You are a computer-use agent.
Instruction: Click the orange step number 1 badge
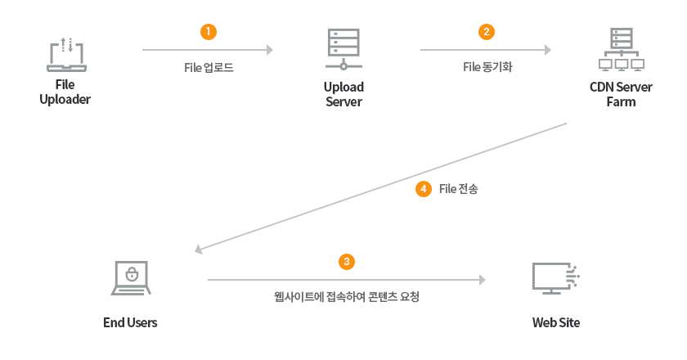pos(209,32)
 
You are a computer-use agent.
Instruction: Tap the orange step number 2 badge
pos(487,32)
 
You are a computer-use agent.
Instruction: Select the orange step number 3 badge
pos(347,261)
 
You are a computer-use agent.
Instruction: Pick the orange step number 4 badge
pos(423,189)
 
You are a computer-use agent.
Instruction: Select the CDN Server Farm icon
pos(621,52)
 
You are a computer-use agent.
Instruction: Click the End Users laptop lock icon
pos(130,278)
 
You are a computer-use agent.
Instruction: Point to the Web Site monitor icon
pos(556,279)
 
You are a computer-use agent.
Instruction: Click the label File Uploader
pos(65,92)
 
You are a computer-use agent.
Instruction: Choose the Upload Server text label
pos(343,94)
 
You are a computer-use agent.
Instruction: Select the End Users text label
pos(130,322)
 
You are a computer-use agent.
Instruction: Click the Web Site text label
pos(556,322)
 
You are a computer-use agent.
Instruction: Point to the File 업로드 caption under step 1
pos(209,68)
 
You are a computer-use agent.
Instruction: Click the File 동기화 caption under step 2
pos(487,68)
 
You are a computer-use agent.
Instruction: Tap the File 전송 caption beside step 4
pos(458,189)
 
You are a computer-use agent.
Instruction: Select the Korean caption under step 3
pos(347,296)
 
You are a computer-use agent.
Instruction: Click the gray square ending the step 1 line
pos(270,50)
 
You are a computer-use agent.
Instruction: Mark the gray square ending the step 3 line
pos(483,279)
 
